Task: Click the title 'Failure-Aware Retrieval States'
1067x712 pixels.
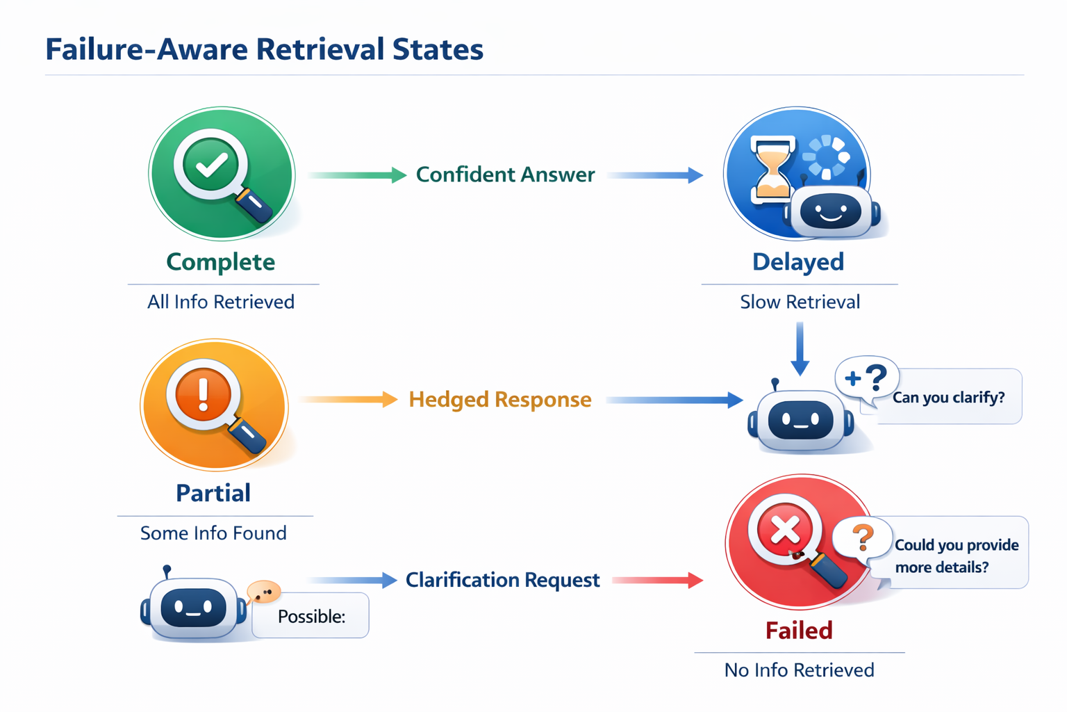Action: [264, 49]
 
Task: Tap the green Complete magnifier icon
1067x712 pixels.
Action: [221, 174]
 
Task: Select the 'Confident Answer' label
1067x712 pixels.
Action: [505, 175]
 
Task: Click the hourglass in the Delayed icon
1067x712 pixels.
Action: [772, 167]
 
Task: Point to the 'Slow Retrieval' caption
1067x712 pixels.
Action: [800, 302]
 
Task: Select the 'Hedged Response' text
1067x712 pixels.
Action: [499, 400]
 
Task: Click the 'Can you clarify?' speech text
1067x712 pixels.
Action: [948, 398]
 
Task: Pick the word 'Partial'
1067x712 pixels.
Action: [213, 493]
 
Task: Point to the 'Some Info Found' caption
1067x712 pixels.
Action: [213, 533]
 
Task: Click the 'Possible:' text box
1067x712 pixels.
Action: [311, 616]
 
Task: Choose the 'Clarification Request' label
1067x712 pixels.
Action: [502, 580]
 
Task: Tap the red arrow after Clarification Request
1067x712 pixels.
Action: [657, 580]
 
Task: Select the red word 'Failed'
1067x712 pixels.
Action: [799, 631]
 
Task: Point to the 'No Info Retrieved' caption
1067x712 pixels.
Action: [799, 670]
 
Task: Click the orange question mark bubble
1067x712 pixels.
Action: [863, 537]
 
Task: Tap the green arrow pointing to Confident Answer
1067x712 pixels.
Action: [357, 175]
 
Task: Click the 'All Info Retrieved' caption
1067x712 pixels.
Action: [221, 302]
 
